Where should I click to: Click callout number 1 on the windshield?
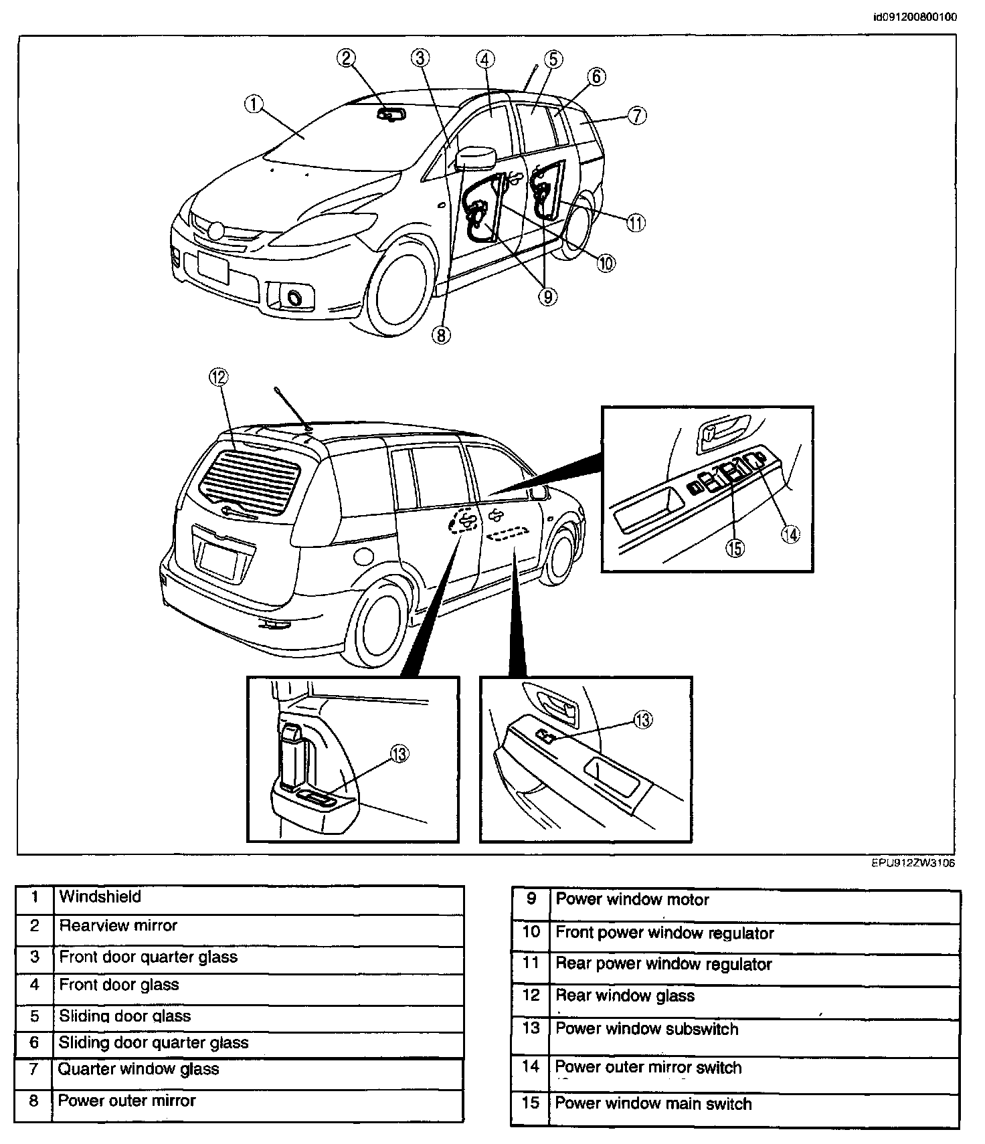253,104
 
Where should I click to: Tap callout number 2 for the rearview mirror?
345,58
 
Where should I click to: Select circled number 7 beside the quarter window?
636,116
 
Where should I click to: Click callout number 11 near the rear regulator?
636,223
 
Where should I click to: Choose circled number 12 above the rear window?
218,378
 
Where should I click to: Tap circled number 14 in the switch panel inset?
790,534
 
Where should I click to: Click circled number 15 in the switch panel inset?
735,548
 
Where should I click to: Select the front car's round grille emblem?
215,231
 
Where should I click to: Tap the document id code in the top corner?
915,17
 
